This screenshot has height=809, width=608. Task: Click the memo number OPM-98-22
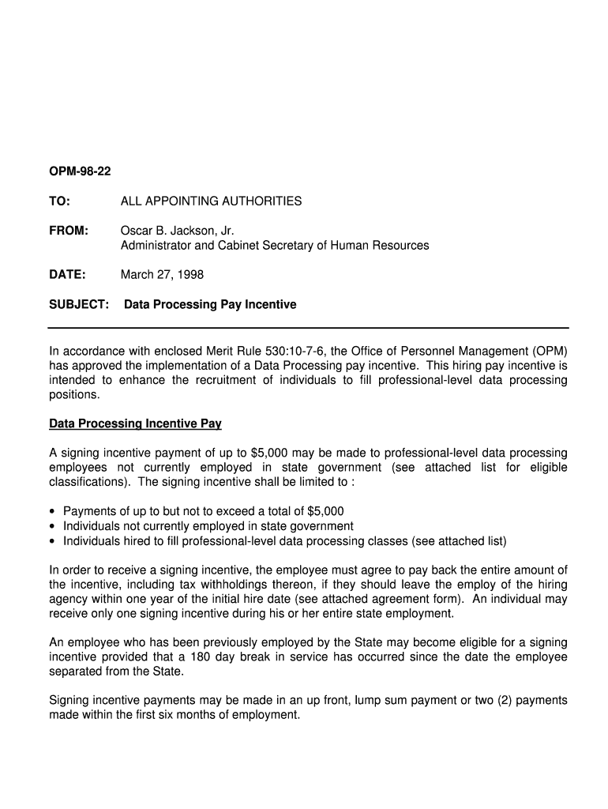[80, 171]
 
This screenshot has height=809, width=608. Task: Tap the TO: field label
[60, 201]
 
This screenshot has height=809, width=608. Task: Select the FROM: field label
[69, 231]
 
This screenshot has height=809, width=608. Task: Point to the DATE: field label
[67, 275]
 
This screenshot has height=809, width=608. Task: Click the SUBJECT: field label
[79, 304]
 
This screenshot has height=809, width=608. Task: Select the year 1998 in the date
[190, 275]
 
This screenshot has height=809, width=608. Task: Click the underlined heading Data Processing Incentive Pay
[135, 424]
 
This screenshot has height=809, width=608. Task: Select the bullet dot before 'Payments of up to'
[52, 512]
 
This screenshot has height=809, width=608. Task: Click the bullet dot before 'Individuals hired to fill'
[52, 542]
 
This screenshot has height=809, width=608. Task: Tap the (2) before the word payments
[506, 701]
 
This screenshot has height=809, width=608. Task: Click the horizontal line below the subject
[308, 327]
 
